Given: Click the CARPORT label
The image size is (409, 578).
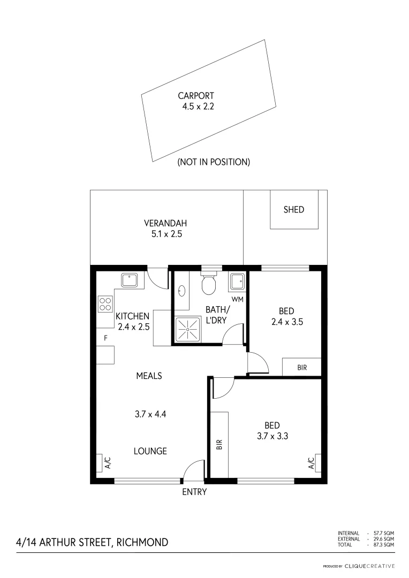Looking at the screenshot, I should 196,96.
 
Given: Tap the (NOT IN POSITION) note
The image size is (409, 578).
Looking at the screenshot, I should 214,162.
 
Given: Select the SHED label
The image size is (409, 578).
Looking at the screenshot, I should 293,210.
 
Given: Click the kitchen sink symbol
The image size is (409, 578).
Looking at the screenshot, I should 130,280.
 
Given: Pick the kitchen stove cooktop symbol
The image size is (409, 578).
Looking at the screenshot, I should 104,304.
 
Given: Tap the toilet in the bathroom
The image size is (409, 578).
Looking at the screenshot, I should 208,284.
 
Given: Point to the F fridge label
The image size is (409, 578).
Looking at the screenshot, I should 105,338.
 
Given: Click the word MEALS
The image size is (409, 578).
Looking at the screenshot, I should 149,376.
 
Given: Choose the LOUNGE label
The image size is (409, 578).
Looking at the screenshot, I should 150,451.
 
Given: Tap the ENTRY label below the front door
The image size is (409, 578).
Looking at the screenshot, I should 194,492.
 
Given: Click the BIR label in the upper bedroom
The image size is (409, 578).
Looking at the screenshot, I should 301,368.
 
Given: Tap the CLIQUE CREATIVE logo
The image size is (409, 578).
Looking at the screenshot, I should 369,566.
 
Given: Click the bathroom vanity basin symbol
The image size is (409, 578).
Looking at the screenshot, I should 182,291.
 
